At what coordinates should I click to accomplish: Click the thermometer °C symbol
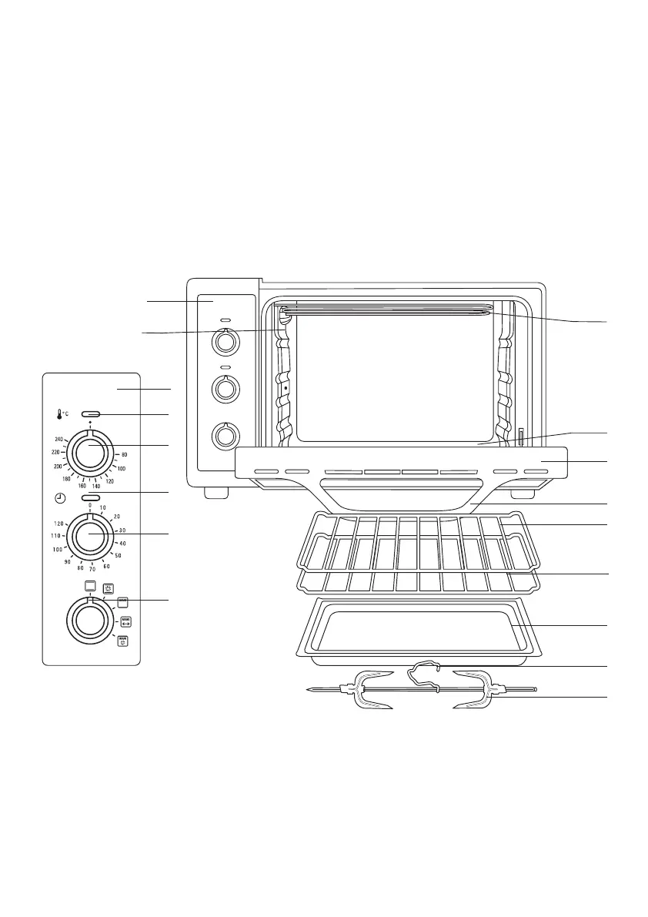coord(62,415)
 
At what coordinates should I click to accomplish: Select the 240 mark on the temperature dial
coord(59,439)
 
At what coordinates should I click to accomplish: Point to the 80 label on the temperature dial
coord(124,455)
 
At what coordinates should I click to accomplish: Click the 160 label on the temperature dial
coord(82,486)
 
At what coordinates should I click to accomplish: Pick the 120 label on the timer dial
coord(58,524)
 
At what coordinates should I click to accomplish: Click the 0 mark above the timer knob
coord(90,506)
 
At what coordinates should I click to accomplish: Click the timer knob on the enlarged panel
coord(90,534)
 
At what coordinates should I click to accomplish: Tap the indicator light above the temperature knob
coord(91,415)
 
